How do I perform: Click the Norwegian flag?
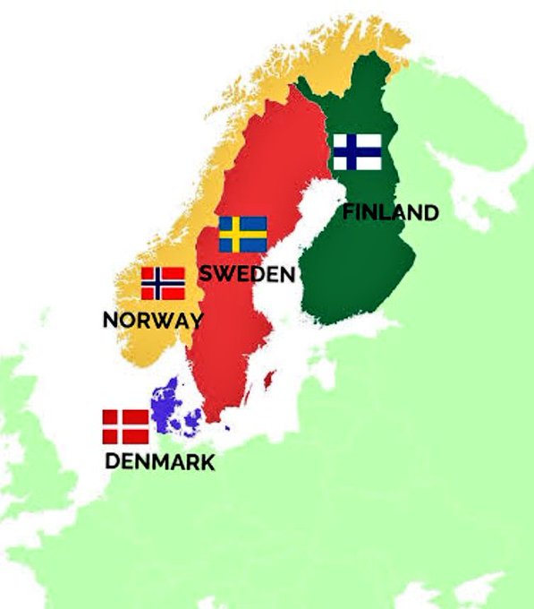coord(163,283)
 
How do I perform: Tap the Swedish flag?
coord(242,234)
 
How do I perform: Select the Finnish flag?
coord(357,151)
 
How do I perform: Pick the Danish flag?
coord(125,427)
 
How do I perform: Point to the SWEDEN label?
coord(246,273)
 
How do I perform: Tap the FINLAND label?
coord(391,212)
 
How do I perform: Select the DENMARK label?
coord(159,462)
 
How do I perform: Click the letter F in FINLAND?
coord(349,212)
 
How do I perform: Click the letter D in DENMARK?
coord(113,462)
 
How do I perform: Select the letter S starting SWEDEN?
coord(205,273)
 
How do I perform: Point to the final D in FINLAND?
coord(430,212)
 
